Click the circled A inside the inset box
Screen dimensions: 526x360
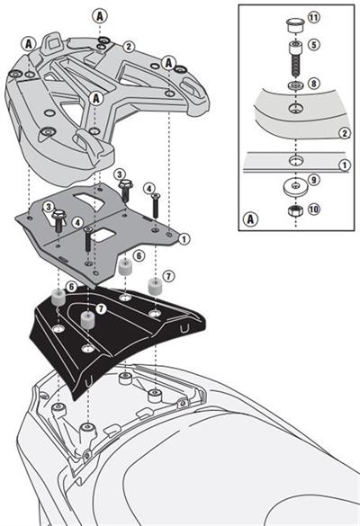251,217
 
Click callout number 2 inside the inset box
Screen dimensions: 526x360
343,133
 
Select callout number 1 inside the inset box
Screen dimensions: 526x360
343,165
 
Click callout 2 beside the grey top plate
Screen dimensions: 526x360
130,46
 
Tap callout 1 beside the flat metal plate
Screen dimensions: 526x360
184,238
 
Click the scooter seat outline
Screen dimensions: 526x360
270,468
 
